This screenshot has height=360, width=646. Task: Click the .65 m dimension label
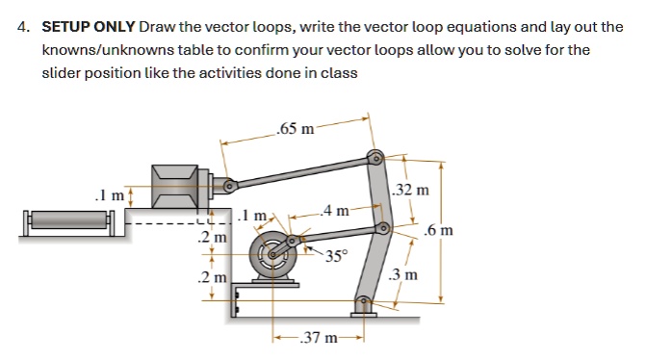click(295, 129)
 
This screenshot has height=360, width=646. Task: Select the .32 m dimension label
click(411, 190)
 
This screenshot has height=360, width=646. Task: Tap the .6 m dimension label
click(439, 230)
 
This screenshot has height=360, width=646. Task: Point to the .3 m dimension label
click(403, 274)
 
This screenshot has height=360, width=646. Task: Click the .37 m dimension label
click(319, 338)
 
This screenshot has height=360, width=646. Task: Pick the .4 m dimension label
click(336, 211)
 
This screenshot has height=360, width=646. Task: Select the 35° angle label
click(337, 256)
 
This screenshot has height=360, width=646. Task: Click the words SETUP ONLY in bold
click(89, 27)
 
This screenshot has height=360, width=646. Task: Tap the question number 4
click(23, 27)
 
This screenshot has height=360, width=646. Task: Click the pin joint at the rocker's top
click(375, 158)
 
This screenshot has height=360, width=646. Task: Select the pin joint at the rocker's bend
click(383, 227)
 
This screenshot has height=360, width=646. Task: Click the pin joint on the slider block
click(229, 186)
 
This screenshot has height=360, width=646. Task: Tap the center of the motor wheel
click(272, 254)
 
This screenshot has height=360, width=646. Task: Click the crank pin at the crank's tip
click(292, 241)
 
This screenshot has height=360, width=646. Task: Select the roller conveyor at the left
click(69, 223)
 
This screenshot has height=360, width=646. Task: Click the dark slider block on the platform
click(175, 186)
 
